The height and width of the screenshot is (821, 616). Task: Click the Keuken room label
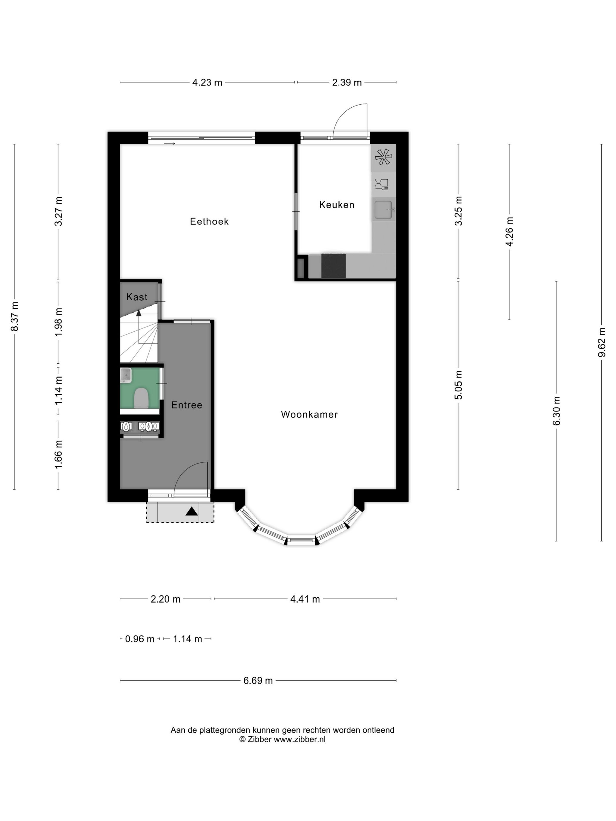[336, 204]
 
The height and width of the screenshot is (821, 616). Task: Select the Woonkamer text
[309, 414]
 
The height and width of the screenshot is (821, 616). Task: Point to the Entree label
[186, 405]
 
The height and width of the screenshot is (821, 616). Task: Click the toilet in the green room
[141, 398]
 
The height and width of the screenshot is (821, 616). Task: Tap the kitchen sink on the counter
[383, 210]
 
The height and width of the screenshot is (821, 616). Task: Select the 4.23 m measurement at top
[207, 82]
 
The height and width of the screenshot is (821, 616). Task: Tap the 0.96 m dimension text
[140, 639]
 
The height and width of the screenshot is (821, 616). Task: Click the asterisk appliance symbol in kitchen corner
[383, 157]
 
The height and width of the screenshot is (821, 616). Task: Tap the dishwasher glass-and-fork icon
[382, 184]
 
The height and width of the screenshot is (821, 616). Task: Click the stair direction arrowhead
[139, 313]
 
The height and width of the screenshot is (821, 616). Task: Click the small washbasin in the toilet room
[126, 375]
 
